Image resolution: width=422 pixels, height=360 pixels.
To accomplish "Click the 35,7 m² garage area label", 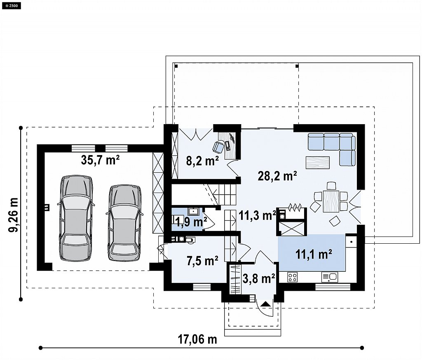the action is [x=100, y=160].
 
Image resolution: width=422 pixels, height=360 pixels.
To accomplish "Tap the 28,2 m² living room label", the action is [x=277, y=176].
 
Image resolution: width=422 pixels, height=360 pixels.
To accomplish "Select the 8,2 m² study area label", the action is [x=202, y=161].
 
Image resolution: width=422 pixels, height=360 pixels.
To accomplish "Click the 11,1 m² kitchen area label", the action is [x=314, y=254].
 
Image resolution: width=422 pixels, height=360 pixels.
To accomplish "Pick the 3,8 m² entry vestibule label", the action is [x=259, y=279].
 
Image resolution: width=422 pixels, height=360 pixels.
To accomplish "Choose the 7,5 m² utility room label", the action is [x=202, y=261].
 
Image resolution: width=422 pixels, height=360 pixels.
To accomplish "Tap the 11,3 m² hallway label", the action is [x=257, y=215].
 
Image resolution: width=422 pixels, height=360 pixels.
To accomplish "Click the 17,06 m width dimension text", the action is [x=197, y=340].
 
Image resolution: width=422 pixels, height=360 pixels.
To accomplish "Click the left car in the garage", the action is [x=76, y=218].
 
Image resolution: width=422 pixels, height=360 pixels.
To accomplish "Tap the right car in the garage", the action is [x=124, y=223].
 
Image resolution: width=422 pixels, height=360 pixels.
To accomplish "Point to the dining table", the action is [x=331, y=202].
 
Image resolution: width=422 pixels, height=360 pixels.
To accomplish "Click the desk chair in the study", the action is [x=218, y=147].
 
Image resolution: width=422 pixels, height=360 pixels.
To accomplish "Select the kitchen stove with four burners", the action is [x=292, y=277].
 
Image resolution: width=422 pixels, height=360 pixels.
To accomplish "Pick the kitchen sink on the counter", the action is [x=329, y=277].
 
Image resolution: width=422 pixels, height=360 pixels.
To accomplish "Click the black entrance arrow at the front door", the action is [x=266, y=304].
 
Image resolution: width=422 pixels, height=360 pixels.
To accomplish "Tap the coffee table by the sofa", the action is [x=318, y=162].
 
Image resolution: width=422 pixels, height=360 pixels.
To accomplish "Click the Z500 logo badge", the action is [x=11, y=5].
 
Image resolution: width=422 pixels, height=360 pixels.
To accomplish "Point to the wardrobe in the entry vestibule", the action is [x=235, y=279].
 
